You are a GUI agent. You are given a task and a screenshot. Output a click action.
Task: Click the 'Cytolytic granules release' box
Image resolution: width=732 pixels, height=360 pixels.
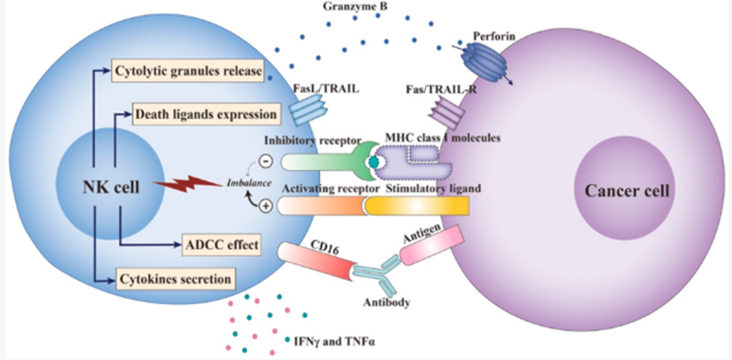[189, 72]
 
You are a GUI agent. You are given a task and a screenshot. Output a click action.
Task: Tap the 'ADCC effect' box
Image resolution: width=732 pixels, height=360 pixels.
[218, 243]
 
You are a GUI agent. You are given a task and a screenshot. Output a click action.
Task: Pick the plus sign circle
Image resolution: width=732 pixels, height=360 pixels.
[266, 206]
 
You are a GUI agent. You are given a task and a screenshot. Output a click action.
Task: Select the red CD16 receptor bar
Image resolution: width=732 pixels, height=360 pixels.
[317, 261]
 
